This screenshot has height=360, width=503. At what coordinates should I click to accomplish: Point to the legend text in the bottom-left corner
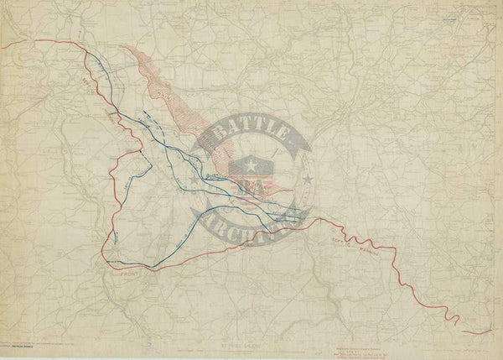tap(34, 344)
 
